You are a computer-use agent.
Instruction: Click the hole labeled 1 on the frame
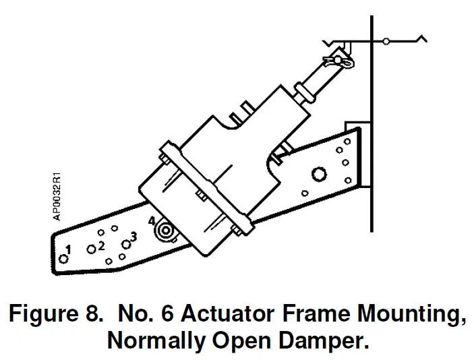pos(63,258)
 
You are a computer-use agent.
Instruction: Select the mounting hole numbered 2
pos(91,249)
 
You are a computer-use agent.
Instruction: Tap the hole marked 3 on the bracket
pos(125,244)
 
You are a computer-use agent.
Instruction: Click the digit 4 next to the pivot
pos(152,221)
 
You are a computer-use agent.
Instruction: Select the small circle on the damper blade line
pos(386,42)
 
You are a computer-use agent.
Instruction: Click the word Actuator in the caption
pos(233,314)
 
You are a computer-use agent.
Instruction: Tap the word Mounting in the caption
pos(408,314)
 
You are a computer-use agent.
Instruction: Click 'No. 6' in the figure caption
pos(142,314)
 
